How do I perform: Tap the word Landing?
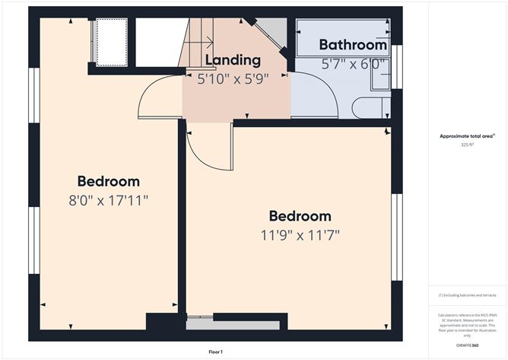(x=233, y=59)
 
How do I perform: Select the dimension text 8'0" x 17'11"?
(x=108, y=200)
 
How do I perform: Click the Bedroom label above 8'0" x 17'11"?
(x=108, y=181)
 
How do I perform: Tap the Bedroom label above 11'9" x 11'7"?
(x=300, y=215)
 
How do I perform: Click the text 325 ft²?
(x=467, y=145)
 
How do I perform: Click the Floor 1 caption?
(x=217, y=352)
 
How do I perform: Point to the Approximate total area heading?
(x=466, y=135)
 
